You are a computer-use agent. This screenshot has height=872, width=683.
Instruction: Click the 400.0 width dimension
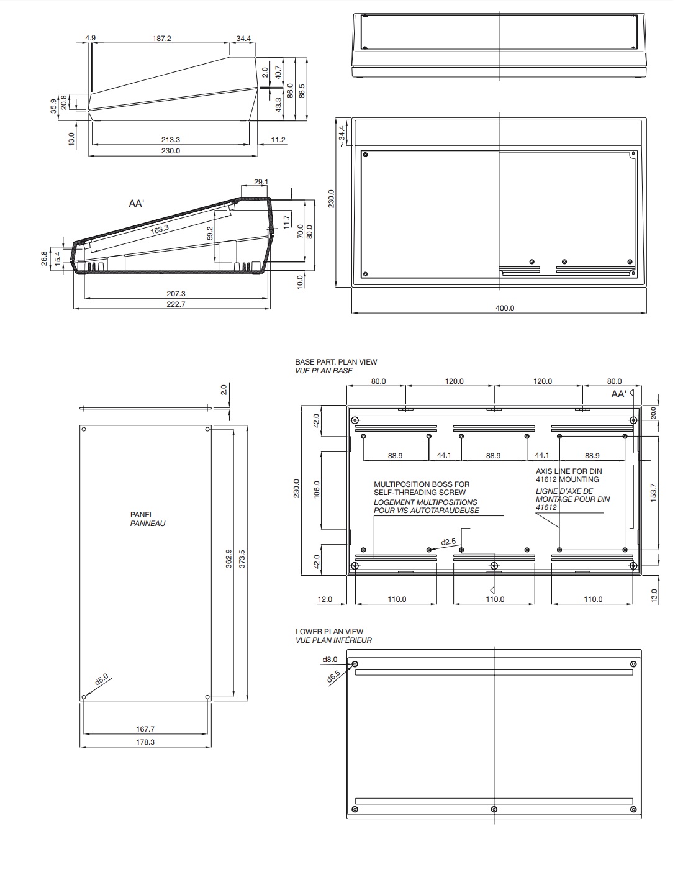(x=505, y=308)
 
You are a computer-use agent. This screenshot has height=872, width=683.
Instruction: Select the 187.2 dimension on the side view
(x=161, y=38)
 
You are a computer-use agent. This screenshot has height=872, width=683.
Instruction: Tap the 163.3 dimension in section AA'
(x=160, y=229)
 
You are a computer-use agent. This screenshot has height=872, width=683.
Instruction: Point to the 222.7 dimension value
(x=176, y=304)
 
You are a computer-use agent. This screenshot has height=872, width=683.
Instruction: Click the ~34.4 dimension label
(x=341, y=137)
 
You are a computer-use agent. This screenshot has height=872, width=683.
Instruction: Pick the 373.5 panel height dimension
(x=242, y=558)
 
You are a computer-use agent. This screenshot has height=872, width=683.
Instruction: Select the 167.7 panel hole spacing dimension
(x=145, y=729)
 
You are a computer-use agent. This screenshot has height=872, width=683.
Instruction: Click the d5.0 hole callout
(x=101, y=679)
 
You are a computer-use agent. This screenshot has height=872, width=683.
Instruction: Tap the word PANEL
(x=142, y=514)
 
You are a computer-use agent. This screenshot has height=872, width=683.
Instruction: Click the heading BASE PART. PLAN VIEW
(x=336, y=361)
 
